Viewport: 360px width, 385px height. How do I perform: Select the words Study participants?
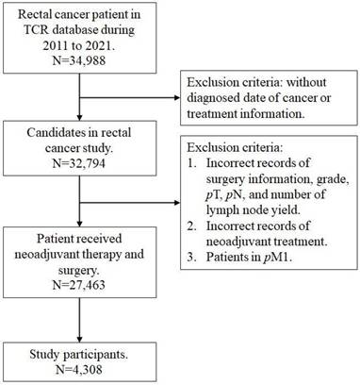[68, 355]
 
